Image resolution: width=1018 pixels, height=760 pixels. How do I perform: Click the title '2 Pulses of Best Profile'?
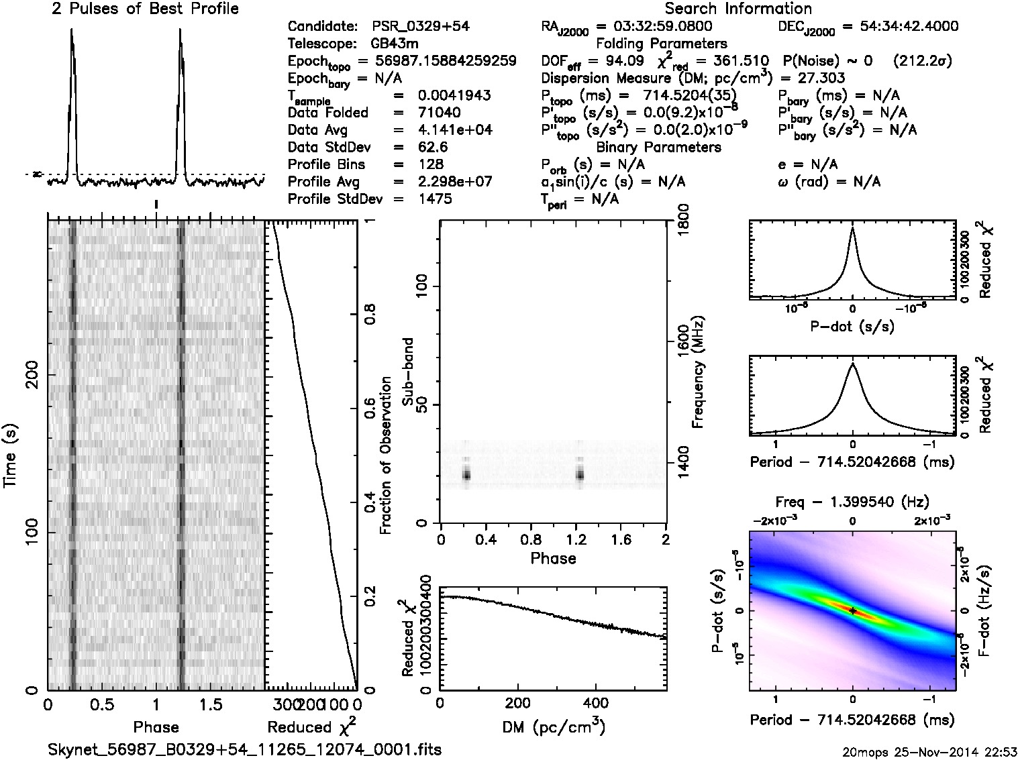[x=145, y=9]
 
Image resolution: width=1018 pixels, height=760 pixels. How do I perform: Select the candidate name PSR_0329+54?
[x=421, y=26]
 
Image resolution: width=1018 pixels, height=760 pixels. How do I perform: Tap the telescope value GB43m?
[x=395, y=44]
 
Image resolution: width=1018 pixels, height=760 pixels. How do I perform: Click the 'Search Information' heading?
[x=738, y=9]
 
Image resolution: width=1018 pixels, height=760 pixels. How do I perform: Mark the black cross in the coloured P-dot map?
[x=852, y=610]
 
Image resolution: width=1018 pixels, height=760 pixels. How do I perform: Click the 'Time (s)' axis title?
[x=11, y=455]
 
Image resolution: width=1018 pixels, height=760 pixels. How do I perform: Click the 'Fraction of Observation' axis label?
[x=386, y=455]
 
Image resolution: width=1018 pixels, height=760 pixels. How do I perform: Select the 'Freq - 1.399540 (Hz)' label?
[x=852, y=502]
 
